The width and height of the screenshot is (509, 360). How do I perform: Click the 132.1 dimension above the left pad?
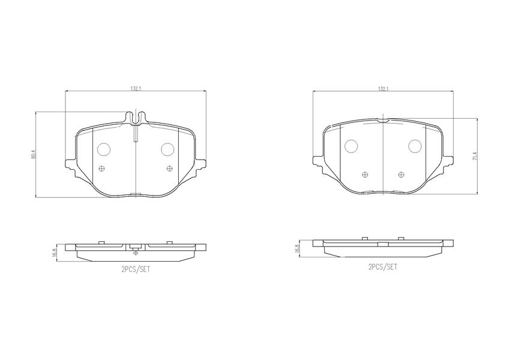pos(136,89)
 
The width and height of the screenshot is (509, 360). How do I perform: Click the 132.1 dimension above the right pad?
pos(384,89)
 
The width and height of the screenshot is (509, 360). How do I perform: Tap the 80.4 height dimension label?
pos(33,155)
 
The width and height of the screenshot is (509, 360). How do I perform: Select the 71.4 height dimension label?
pos(475,156)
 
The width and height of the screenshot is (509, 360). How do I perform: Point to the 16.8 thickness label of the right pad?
pos(297,248)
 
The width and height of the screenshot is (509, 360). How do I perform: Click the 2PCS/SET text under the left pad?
pos(136,269)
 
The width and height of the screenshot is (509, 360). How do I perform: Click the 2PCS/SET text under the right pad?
pos(383,267)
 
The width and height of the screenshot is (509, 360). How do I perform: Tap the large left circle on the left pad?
pos(104,149)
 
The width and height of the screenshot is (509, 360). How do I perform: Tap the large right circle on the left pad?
pos(168,149)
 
